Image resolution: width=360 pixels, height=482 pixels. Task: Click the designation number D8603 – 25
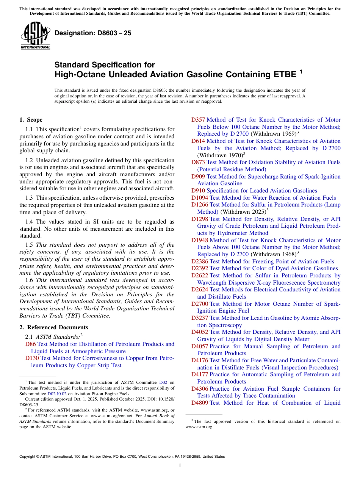[93, 33]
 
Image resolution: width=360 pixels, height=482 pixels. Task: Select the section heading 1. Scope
[31, 120]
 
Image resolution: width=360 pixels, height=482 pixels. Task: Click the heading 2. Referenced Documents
[53, 327]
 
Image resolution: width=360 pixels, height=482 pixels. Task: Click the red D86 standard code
[30, 344]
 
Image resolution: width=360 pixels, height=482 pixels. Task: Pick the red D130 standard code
[32, 358]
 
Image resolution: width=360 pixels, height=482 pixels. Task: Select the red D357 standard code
[198, 120]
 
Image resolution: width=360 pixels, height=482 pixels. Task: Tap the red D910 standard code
[198, 191]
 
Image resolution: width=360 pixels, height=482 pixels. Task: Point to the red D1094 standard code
[199, 198]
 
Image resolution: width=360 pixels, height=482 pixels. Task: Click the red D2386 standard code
[199, 261]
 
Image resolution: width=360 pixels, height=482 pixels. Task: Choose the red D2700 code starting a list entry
[199, 304]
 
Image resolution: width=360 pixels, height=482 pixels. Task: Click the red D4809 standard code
[199, 403]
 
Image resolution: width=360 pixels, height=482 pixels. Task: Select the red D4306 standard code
[199, 389]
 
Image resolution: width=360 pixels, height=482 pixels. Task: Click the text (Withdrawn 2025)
[243, 212]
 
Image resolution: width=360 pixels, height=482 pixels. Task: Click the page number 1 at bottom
[180, 466]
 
